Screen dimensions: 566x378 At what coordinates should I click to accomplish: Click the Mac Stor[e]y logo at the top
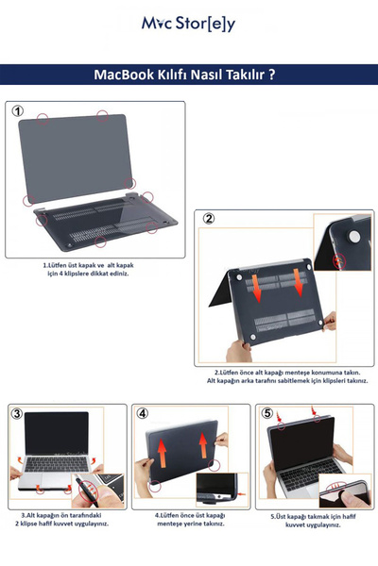click(x=188, y=25)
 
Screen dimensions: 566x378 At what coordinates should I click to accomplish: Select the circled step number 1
click(x=18, y=111)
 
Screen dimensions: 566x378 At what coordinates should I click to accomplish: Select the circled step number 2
click(x=209, y=219)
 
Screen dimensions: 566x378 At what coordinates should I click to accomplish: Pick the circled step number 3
click(x=17, y=413)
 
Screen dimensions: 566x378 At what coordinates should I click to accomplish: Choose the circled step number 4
click(x=142, y=413)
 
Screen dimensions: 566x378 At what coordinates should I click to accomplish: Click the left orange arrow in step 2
click(x=259, y=284)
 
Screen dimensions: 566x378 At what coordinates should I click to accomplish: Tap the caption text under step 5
click(x=312, y=521)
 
